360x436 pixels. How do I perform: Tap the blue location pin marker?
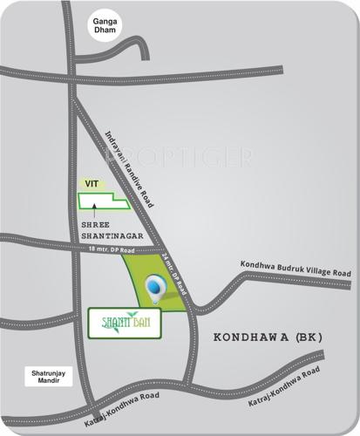156,287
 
